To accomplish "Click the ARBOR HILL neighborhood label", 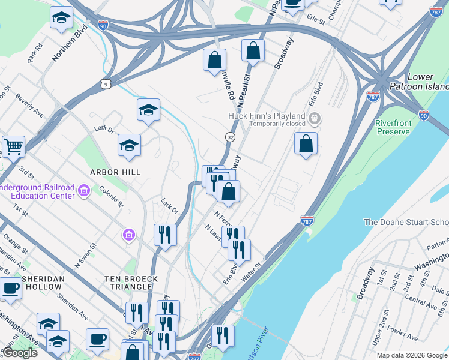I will point(115,172).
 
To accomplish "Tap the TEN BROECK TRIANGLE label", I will point(131,279).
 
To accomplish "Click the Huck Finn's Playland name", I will point(267,116).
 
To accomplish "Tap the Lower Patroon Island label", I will point(420,82).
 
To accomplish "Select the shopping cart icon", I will point(13,146).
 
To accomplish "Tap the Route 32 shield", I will point(230,137).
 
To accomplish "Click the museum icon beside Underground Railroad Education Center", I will point(84,191).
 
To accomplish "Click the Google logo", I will point(20,353).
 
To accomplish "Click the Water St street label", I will point(253,272).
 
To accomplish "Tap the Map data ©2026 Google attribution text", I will point(412,355).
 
